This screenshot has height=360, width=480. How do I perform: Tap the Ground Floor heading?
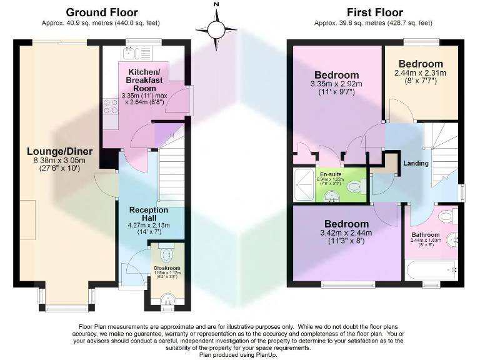point(101,12)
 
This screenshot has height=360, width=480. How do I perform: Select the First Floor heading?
point(375,12)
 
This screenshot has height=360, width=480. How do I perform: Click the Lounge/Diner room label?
point(60,151)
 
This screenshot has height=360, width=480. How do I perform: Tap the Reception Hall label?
point(150,214)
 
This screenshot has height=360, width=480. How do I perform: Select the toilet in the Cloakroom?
point(166,254)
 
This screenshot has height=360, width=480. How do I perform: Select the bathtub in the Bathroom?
point(432,271)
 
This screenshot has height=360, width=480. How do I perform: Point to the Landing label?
point(416,163)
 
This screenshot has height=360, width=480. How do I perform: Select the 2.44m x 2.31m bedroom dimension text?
point(420,72)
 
